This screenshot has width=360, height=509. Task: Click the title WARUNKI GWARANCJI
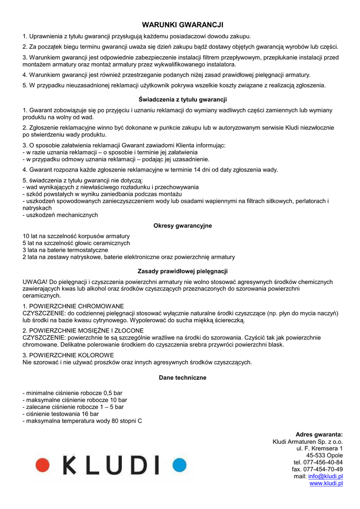click(x=182, y=24)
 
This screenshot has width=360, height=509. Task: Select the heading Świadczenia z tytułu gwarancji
click(x=182, y=99)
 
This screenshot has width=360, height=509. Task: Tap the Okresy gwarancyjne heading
click(x=182, y=226)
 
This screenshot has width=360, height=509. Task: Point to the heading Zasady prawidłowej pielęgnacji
click(x=182, y=271)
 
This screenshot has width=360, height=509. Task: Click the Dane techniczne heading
click(x=182, y=378)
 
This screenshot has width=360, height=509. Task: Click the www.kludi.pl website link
click(x=326, y=483)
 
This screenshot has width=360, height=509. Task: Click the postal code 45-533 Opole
click(x=324, y=455)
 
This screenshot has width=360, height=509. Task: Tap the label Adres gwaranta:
click(x=319, y=434)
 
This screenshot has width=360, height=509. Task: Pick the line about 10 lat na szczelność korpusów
click(x=76, y=236)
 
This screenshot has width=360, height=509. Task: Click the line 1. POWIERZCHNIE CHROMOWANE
click(x=73, y=306)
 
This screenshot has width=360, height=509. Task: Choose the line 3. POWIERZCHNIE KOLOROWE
click(x=68, y=355)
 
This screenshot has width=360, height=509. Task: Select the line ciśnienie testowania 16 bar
click(x=61, y=414)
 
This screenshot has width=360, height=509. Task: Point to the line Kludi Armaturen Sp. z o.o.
click(x=308, y=441)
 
